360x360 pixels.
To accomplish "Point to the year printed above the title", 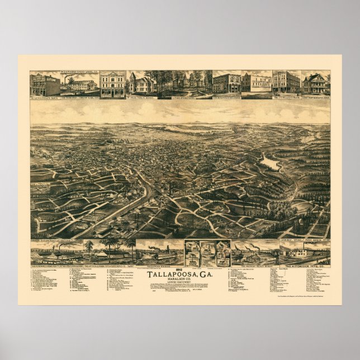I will coord(179,268).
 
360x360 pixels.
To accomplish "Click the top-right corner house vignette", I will coord(316,83).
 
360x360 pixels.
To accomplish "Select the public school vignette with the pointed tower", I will coord(141,84).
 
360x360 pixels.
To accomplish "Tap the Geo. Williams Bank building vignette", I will coord(286,82).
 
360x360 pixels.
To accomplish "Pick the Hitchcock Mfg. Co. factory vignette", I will coord(305,252).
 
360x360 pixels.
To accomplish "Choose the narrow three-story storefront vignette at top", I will coord(113,84).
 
